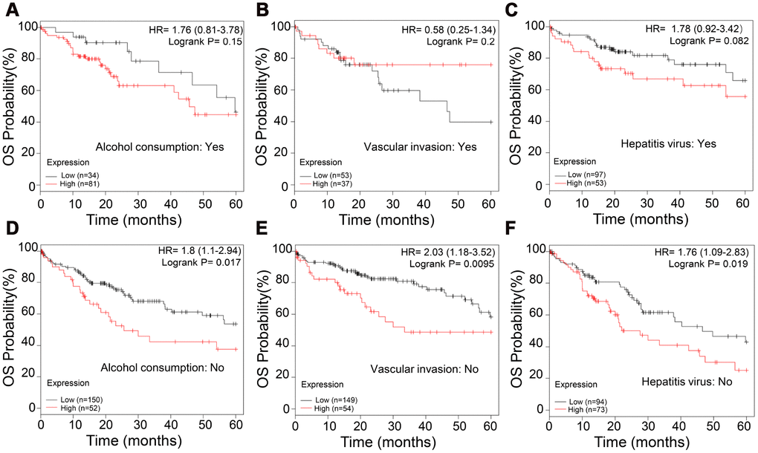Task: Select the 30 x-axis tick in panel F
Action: point(647,430)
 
